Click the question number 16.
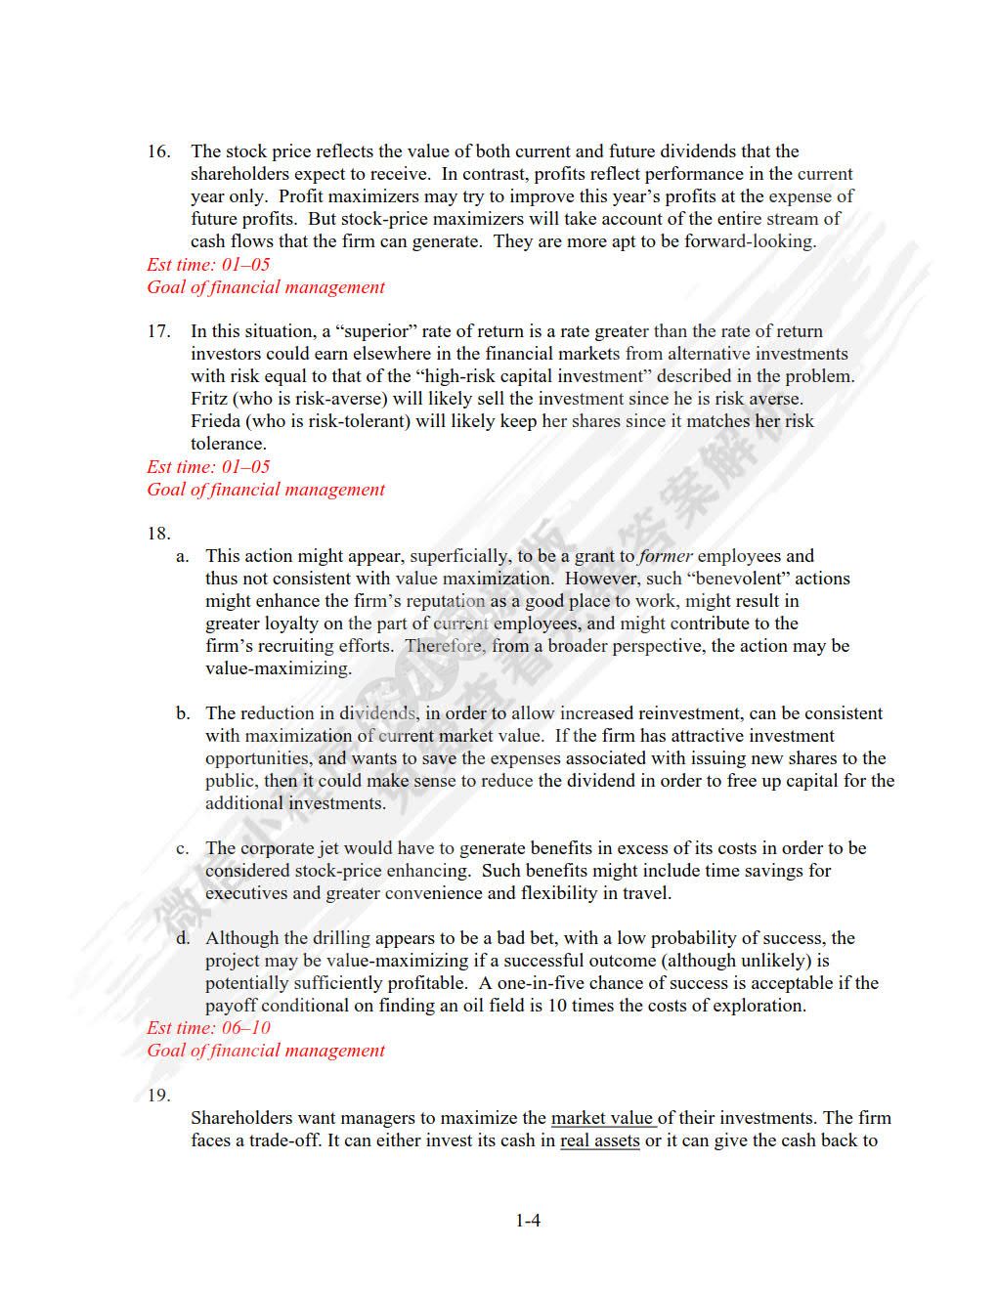tap(158, 151)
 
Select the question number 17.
tap(158, 331)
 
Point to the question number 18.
tap(158, 534)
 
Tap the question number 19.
tap(158, 1096)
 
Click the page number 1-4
tap(528, 1221)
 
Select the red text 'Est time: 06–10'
tap(208, 1028)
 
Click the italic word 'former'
tap(665, 556)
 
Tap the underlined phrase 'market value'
tap(602, 1118)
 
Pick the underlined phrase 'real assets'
tap(599, 1140)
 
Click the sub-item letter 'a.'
tap(183, 556)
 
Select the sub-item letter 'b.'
tap(183, 713)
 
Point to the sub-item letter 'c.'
tap(183, 848)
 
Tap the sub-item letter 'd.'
tap(183, 938)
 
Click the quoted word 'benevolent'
tap(741, 579)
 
